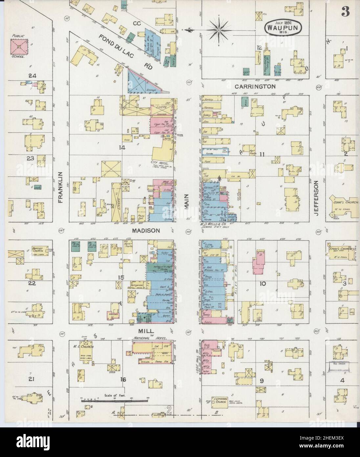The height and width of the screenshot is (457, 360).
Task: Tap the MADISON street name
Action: [x=146, y=231]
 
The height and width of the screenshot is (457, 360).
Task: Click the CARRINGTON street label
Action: [x=255, y=86]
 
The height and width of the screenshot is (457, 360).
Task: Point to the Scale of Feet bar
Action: [x=114, y=400]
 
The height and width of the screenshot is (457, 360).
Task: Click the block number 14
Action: [x=122, y=148]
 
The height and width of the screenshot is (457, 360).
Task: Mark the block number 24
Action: [x=32, y=76]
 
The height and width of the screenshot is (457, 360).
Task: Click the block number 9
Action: [x=261, y=381]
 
